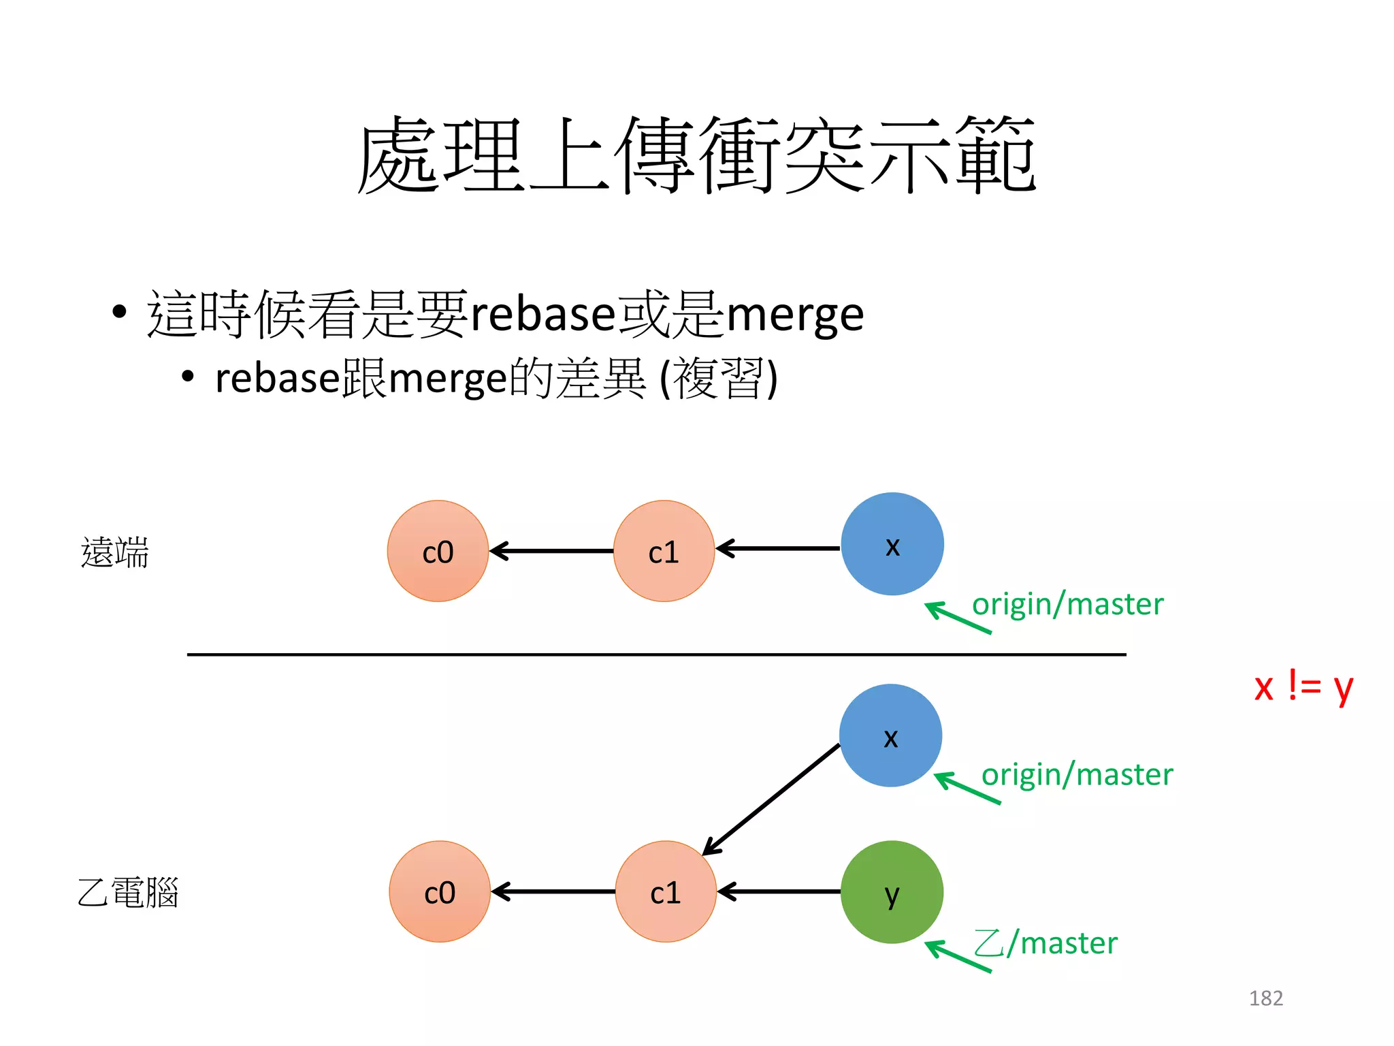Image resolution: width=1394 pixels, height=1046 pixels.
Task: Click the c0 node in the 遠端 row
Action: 438,551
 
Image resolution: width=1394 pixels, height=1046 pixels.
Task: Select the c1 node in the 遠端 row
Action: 664,551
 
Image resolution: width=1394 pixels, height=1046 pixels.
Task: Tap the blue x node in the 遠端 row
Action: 892,544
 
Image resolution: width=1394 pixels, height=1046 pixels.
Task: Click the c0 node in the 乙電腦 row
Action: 440,891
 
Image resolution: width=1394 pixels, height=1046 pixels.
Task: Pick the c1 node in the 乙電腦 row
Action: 666,891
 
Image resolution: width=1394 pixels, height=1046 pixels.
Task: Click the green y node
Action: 892,891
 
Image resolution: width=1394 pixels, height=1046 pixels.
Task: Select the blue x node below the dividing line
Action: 890,735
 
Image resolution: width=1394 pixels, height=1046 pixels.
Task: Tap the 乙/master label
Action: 1046,943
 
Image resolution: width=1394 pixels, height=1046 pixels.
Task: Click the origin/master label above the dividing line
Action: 1067,604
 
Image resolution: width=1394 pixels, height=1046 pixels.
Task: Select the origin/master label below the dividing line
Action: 1077,774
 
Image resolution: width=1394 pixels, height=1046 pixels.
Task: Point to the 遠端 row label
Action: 114,552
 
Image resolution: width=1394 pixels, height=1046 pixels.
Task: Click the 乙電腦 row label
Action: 128,892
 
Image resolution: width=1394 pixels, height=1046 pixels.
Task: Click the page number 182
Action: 1265,998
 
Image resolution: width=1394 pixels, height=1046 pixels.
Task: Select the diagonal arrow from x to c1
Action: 772,799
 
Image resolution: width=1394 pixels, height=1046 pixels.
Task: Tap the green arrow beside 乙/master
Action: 958,956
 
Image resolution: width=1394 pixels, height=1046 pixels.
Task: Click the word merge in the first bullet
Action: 795,315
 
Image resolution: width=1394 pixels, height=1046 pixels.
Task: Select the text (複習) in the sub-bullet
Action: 719,379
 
